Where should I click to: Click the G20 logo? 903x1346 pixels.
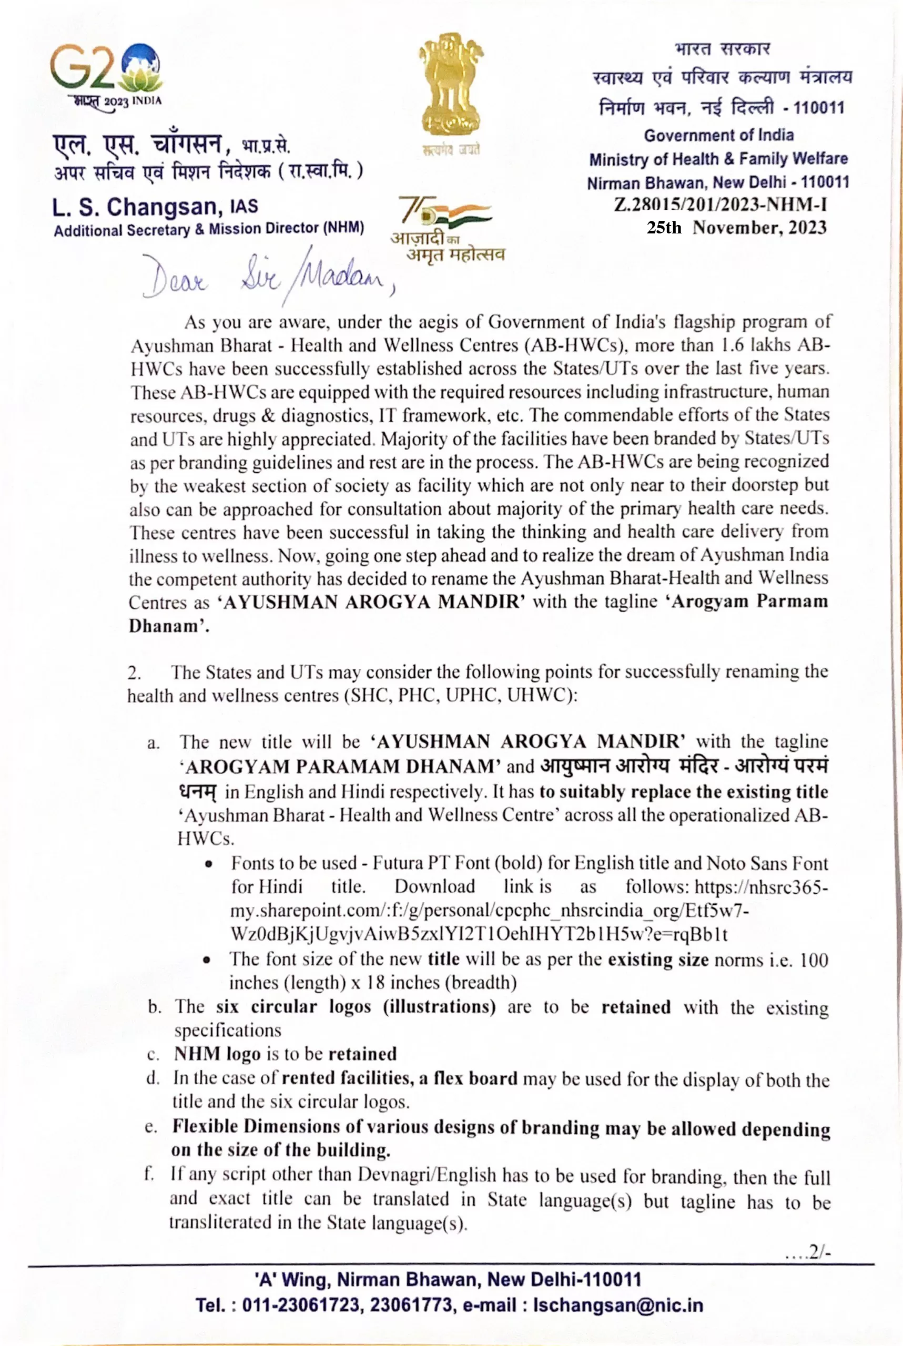(106, 74)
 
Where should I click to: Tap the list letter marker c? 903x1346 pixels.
(153, 1055)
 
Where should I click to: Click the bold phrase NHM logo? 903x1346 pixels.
(217, 1054)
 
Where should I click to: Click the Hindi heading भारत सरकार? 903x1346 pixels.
(722, 49)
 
